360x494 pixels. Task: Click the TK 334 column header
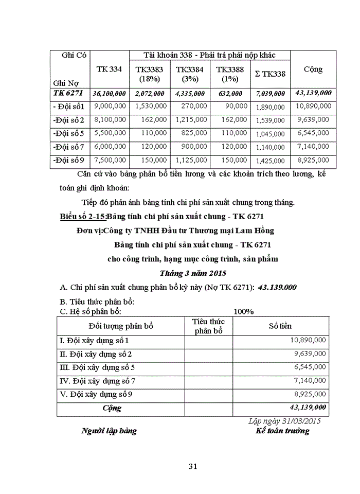tap(109, 69)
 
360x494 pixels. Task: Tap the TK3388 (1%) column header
tap(229, 74)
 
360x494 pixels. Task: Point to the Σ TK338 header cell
tap(269, 74)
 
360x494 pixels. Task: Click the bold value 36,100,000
tap(109, 94)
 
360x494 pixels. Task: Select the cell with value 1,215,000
tap(191, 119)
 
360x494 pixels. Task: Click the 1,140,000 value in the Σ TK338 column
tap(270, 147)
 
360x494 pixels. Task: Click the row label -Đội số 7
tap(68, 147)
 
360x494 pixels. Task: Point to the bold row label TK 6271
tap(68, 93)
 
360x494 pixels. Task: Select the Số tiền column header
tap(280, 326)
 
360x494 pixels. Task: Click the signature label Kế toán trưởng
tap(282, 431)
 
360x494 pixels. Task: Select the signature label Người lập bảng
tap(109, 431)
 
